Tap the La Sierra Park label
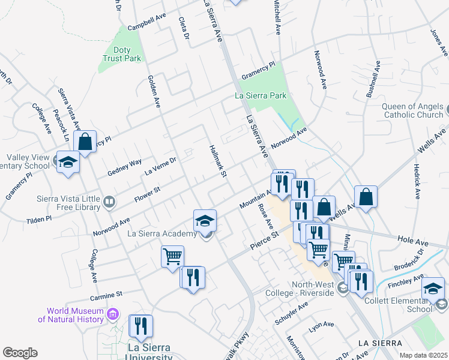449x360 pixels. point(260,95)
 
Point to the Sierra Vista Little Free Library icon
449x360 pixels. point(109,202)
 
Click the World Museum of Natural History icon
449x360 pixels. point(112,314)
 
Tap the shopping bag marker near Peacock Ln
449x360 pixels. point(85,143)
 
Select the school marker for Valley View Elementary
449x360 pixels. point(68,162)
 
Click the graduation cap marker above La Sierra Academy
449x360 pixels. point(205,220)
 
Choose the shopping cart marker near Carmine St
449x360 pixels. point(172,256)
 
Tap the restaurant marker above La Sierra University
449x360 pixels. point(141,326)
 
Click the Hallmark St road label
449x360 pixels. point(217,160)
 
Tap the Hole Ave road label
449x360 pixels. point(413,241)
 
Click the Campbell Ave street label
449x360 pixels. point(147,23)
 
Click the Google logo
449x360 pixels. point(20,353)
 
